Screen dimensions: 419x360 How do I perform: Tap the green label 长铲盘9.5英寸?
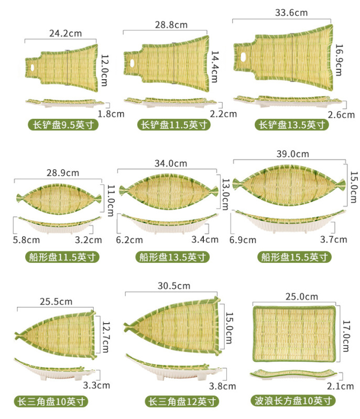coord(62,125)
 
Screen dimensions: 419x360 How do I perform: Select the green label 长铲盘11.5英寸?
coord(174,125)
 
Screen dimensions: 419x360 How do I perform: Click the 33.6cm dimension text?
coord(283,13)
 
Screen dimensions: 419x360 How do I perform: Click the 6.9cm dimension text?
coord(243,240)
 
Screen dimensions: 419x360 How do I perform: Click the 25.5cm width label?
coord(56,302)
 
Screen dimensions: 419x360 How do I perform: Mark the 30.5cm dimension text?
coord(174,285)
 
